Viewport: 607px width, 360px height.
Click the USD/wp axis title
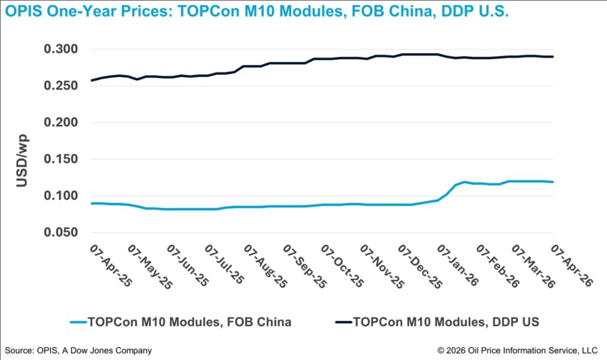(21, 163)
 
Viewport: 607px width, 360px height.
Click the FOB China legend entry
(189, 322)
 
